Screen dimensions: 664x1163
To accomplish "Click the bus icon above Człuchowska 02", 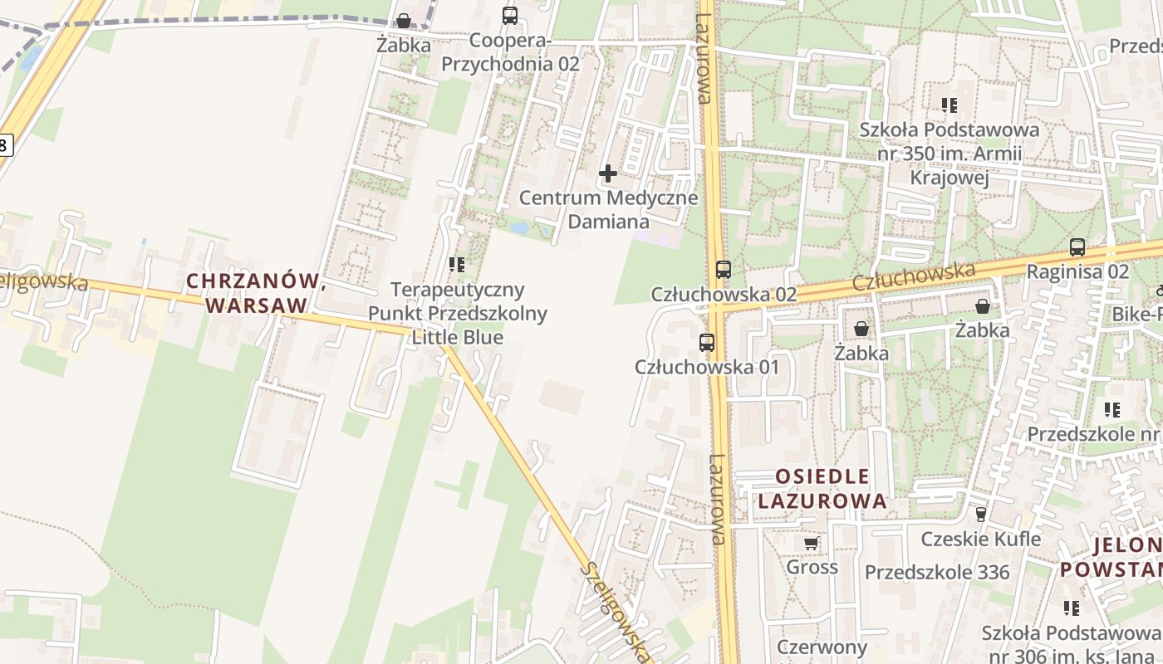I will pyautogui.click(x=723, y=270).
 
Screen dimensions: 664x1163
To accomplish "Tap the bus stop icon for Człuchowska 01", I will pyautogui.click(x=706, y=342).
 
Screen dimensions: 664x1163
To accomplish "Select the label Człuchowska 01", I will pyautogui.click(x=706, y=366).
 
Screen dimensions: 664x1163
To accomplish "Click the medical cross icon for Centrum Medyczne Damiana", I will pyautogui.click(x=608, y=173).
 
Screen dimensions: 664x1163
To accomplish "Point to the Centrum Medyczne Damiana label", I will pyautogui.click(x=608, y=210).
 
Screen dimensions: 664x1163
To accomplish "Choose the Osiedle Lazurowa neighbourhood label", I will pyautogui.click(x=822, y=489).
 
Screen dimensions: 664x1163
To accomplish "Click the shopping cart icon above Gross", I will pyautogui.click(x=812, y=544).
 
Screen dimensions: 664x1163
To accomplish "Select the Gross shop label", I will pyautogui.click(x=812, y=567).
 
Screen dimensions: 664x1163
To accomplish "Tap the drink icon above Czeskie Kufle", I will pyautogui.click(x=981, y=515).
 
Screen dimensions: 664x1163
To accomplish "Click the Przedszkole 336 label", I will pyautogui.click(x=937, y=572).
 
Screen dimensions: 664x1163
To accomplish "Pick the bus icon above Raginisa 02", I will pyautogui.click(x=1077, y=247).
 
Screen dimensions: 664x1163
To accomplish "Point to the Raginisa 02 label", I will pyautogui.click(x=1077, y=271).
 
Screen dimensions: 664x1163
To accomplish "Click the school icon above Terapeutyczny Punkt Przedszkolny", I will pyautogui.click(x=456, y=265).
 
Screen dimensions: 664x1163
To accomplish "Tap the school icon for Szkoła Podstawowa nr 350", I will pyautogui.click(x=949, y=105).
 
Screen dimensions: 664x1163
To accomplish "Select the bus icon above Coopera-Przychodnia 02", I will pyautogui.click(x=509, y=16).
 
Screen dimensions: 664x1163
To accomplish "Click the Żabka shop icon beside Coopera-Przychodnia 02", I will pyautogui.click(x=403, y=21).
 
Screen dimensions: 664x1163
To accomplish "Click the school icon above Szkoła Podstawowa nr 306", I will pyautogui.click(x=1072, y=608).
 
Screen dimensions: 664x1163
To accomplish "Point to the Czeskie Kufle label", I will pyautogui.click(x=980, y=539).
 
